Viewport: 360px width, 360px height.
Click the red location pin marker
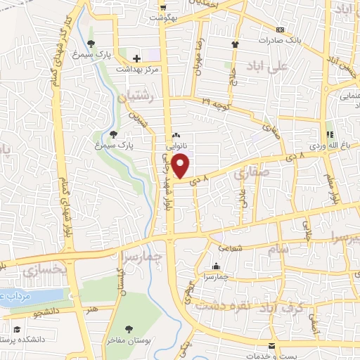click(181, 166)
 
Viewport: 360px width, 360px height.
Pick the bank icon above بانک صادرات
click(281, 30)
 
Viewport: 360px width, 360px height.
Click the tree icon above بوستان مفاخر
click(129, 328)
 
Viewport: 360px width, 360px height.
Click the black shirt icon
click(235, 44)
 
